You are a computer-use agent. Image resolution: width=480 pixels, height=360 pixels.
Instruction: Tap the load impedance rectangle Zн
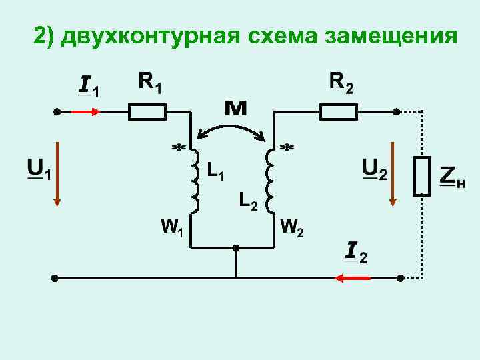pos(421,175)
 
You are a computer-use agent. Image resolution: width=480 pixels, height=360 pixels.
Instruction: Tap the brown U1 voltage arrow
pos(57,173)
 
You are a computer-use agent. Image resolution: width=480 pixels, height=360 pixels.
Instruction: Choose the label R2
pos(342,83)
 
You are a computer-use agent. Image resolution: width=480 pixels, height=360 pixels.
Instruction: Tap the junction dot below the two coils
pos(235,247)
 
